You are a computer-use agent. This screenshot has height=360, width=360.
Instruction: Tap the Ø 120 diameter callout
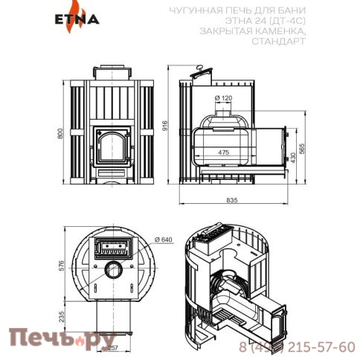224,98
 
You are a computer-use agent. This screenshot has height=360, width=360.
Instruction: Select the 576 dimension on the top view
62,266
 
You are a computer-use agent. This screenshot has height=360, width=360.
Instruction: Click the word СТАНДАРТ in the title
280,42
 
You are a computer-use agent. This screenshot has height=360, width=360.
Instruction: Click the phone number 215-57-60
313,347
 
